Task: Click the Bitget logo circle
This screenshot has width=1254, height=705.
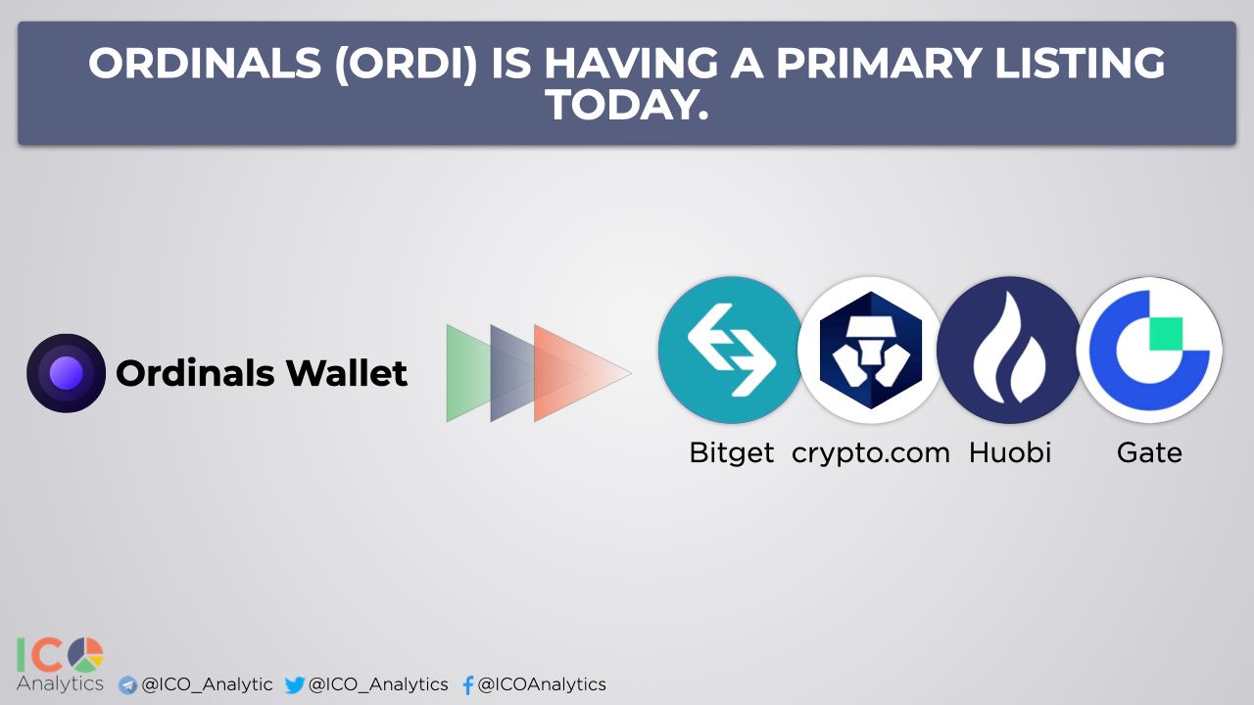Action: point(731,350)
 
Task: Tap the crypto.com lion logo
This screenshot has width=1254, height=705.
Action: point(871,350)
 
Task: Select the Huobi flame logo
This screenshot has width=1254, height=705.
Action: point(1009,350)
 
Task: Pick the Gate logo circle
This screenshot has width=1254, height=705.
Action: point(1149,350)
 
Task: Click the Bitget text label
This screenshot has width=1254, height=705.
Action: point(731,452)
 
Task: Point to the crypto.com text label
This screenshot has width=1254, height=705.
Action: point(871,453)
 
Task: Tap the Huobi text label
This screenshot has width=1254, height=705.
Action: point(1010,452)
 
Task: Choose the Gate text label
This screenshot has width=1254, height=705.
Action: point(1149,452)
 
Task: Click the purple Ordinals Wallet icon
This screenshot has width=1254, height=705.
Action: point(66,373)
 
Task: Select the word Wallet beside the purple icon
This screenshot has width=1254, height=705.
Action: point(347,373)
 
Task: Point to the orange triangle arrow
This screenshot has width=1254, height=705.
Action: point(582,373)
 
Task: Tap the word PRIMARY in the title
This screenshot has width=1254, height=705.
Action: point(878,64)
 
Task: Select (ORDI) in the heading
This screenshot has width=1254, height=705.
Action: point(406,64)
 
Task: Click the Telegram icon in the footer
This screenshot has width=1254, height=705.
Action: point(127,685)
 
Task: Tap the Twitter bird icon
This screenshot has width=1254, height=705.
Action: point(295,684)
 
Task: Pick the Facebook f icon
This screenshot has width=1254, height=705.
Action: point(468,684)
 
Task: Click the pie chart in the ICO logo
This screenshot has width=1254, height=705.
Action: point(85,655)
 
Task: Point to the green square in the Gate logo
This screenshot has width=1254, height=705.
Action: point(1166,334)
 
